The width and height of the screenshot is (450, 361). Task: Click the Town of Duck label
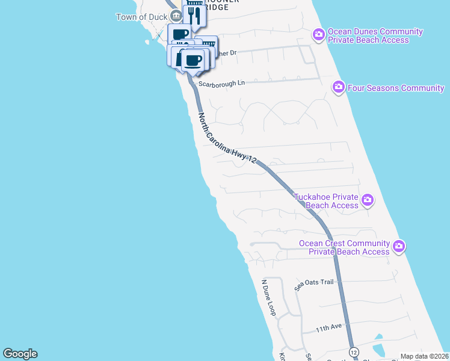pyautogui.click(x=141, y=16)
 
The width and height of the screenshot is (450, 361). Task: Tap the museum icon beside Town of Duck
pyautogui.click(x=175, y=16)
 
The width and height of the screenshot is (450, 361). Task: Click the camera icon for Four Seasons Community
pyautogui.click(x=338, y=88)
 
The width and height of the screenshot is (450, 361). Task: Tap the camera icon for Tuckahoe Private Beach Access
pyautogui.click(x=368, y=200)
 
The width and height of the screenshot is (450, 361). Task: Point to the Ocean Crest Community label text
pyautogui.click(x=345, y=247)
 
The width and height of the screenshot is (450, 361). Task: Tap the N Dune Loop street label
pyautogui.click(x=268, y=297)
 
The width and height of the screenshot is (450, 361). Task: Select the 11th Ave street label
pyautogui.click(x=328, y=328)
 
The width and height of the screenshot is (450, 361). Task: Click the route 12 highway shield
pyautogui.click(x=353, y=351)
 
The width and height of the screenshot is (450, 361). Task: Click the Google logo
pyautogui.click(x=20, y=354)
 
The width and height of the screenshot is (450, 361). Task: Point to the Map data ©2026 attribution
pyautogui.click(x=424, y=356)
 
